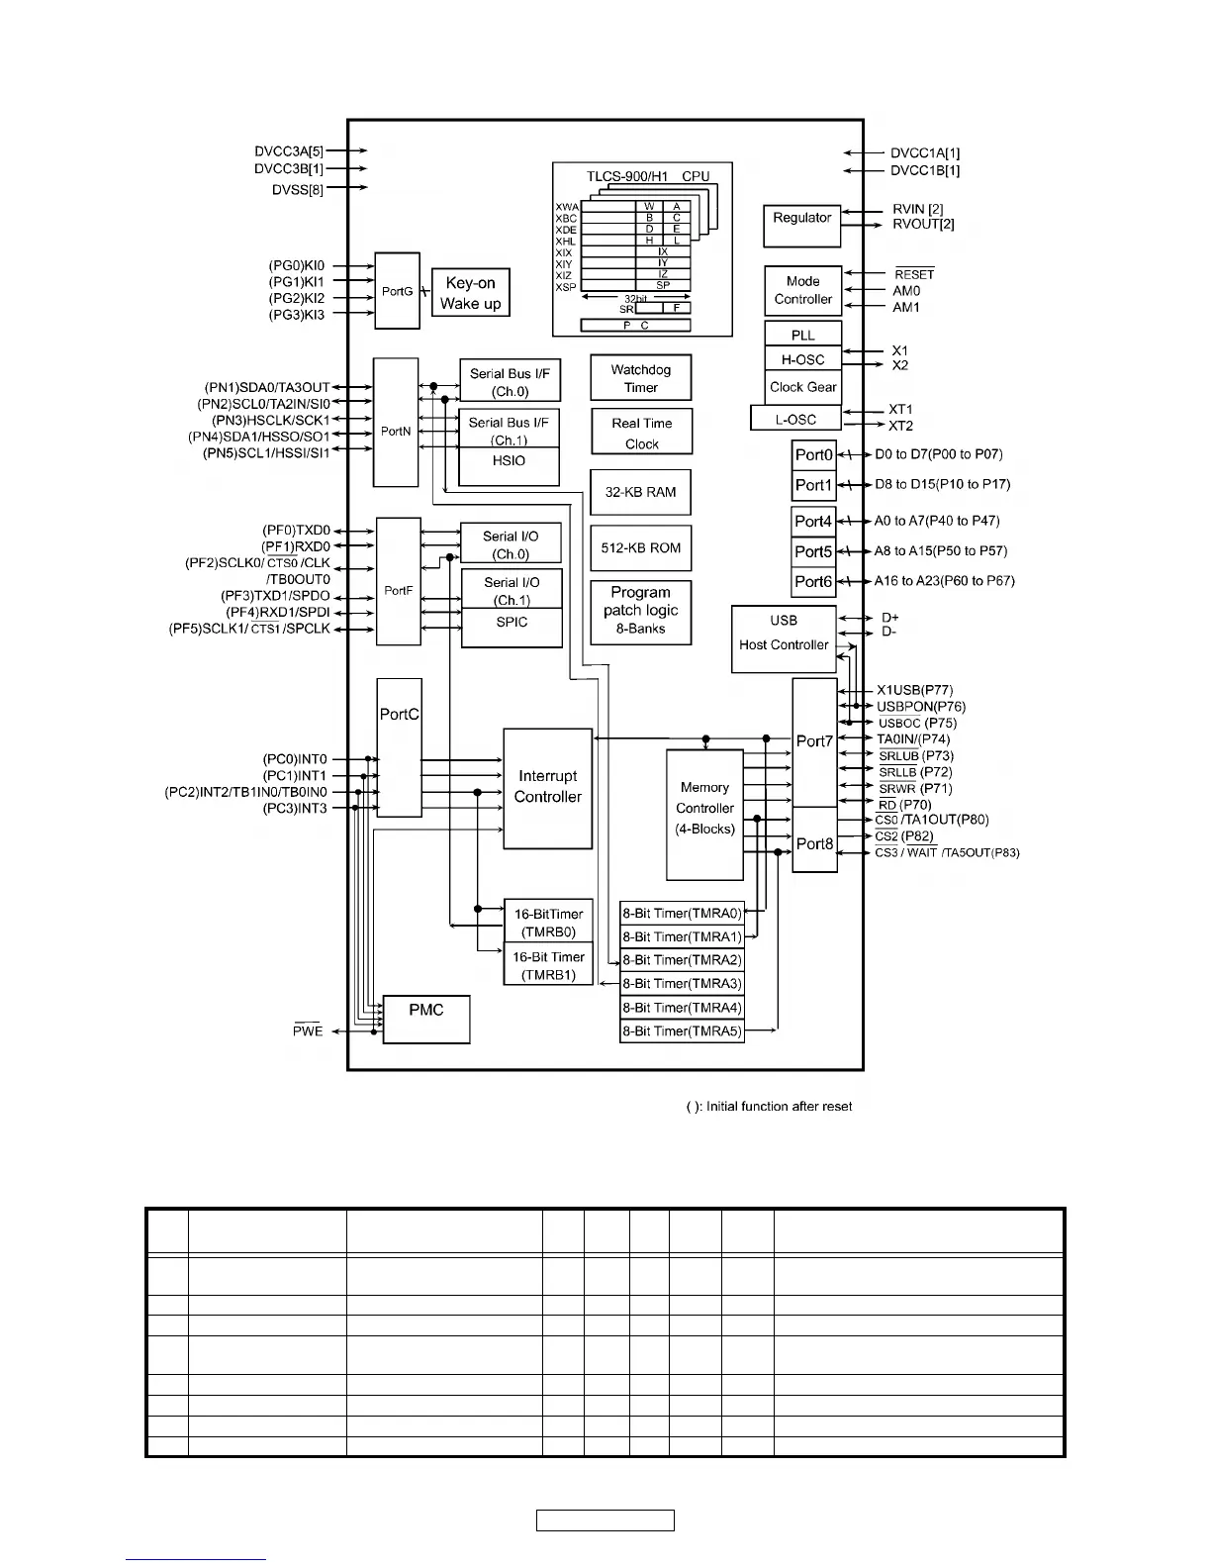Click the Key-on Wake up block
[x=471, y=293]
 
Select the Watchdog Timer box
[x=641, y=378]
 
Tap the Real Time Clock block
[x=641, y=434]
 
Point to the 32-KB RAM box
[x=641, y=492]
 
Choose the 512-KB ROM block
[x=641, y=547]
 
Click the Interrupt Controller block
[x=548, y=788]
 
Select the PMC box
[x=426, y=1019]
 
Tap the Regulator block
[x=802, y=226]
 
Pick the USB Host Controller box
[x=784, y=638]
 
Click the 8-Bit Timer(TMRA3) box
[x=682, y=984]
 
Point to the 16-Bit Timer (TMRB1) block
[x=548, y=966]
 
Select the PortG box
[x=398, y=291]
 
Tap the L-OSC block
[x=796, y=419]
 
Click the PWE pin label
[x=308, y=1030]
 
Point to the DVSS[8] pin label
[x=298, y=189]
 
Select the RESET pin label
[x=914, y=274]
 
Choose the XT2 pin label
[x=900, y=426]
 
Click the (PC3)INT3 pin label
[x=295, y=809]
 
